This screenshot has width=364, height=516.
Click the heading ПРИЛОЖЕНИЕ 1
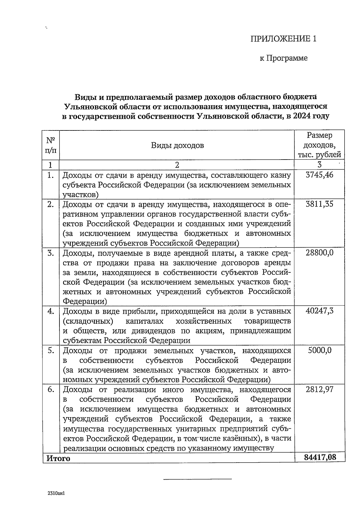tap(283, 39)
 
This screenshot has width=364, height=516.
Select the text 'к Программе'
tap(284, 58)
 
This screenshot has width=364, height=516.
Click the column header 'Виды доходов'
tap(177, 145)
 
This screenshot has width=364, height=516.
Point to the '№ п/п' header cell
tap(51, 145)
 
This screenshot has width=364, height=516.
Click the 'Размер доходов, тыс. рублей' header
tap(319, 145)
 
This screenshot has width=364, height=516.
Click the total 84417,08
tap(320, 457)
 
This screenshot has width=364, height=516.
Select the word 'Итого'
tap(58, 458)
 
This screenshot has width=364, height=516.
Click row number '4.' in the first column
tap(51, 311)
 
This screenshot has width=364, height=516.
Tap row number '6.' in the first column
tap(51, 389)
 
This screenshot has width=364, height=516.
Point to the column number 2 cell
tap(177, 165)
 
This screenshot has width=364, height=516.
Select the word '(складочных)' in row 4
tap(88, 321)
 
